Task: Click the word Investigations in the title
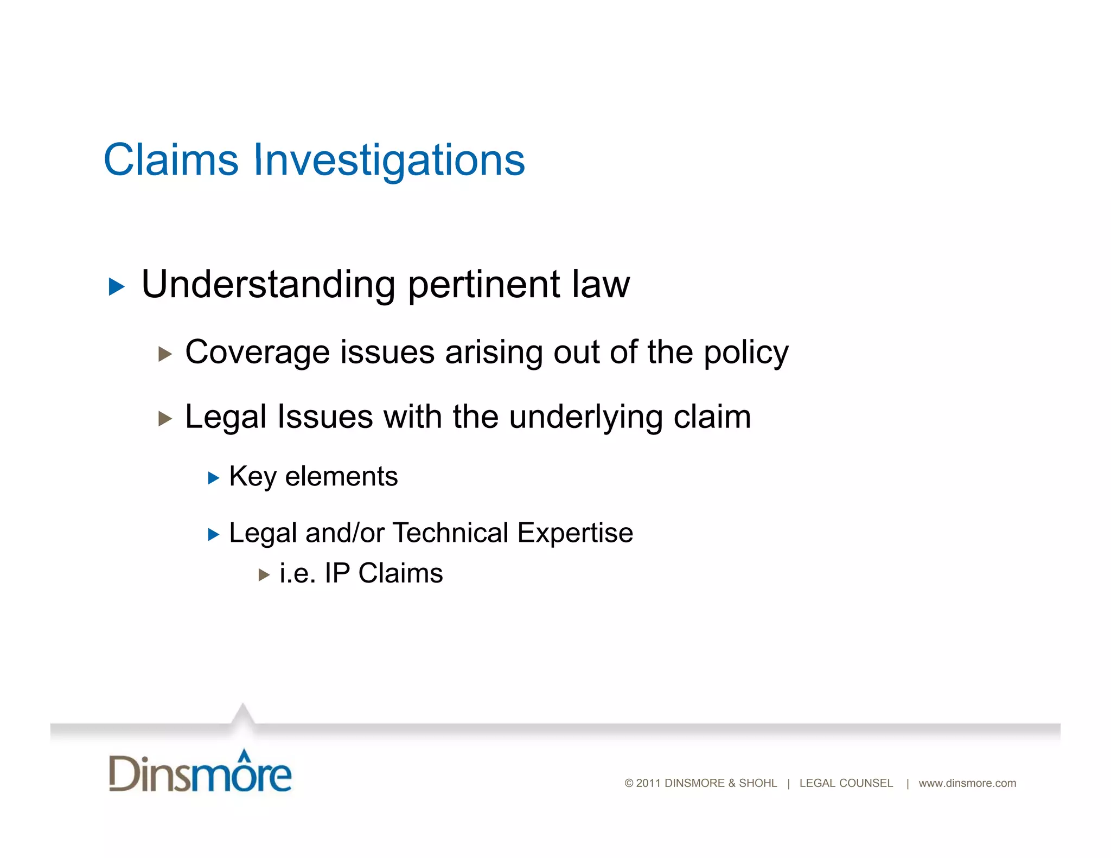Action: (389, 161)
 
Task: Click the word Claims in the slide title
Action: (171, 160)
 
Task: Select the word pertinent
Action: (484, 285)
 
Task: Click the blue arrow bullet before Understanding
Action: (117, 286)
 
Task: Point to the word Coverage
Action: (257, 353)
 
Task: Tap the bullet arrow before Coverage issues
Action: (165, 355)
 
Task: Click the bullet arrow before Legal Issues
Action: (165, 419)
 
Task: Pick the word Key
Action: (253, 477)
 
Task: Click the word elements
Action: (341, 477)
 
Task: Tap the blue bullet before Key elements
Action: (214, 478)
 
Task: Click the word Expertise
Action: (575, 534)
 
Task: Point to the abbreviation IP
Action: (337, 573)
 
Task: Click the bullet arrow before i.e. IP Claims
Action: (264, 575)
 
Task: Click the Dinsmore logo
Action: (200, 772)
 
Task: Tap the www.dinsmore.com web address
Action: (967, 783)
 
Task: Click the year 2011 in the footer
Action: (648, 783)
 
